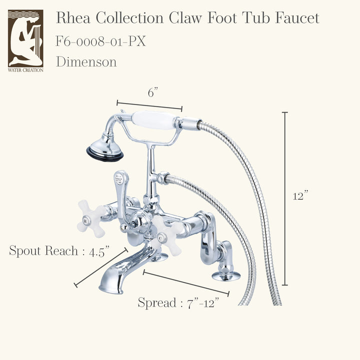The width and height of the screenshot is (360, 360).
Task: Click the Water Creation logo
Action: tap(25, 41)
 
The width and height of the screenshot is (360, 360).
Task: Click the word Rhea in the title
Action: tap(73, 18)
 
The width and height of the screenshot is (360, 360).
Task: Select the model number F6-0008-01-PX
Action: tap(101, 41)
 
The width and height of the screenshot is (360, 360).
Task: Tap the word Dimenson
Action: tap(86, 62)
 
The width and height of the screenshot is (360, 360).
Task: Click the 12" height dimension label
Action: tap(300, 195)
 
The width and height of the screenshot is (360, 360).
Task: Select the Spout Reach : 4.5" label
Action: tap(59, 250)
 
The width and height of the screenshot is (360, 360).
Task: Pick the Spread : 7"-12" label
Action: tap(178, 302)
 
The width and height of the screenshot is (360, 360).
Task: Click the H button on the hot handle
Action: tap(85, 221)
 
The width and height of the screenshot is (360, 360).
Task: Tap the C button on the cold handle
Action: tap(160, 238)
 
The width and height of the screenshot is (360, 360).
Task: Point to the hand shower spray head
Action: tap(104, 149)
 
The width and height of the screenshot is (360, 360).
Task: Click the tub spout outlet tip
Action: tap(110, 287)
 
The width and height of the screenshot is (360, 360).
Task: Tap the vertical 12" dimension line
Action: tap(285, 198)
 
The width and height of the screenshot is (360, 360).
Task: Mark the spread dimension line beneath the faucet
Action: tap(186, 282)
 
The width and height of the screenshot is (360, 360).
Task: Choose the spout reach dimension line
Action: tap(101, 267)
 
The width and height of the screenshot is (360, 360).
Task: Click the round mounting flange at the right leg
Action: tap(226, 275)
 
